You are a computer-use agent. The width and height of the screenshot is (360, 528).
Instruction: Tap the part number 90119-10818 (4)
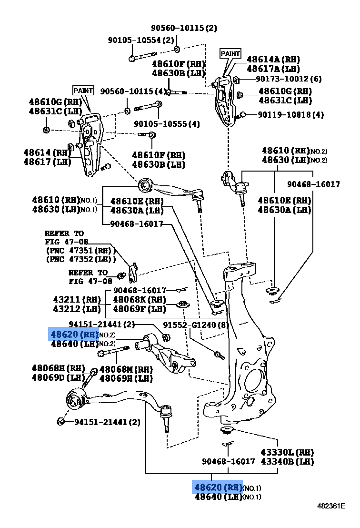(x=290, y=115)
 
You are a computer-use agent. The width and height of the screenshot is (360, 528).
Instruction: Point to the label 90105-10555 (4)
(x=167, y=124)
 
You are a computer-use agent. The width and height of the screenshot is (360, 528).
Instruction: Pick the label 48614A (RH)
(x=273, y=60)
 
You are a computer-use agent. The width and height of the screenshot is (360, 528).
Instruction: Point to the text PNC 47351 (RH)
(x=81, y=251)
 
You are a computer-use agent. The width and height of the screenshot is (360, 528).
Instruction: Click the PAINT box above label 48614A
(x=230, y=53)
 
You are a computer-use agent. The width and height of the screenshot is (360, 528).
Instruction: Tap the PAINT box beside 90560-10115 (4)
(x=83, y=90)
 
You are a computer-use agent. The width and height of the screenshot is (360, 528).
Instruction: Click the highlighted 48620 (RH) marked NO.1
(x=218, y=487)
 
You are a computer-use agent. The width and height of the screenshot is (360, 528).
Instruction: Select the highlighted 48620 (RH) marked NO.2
(x=74, y=334)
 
